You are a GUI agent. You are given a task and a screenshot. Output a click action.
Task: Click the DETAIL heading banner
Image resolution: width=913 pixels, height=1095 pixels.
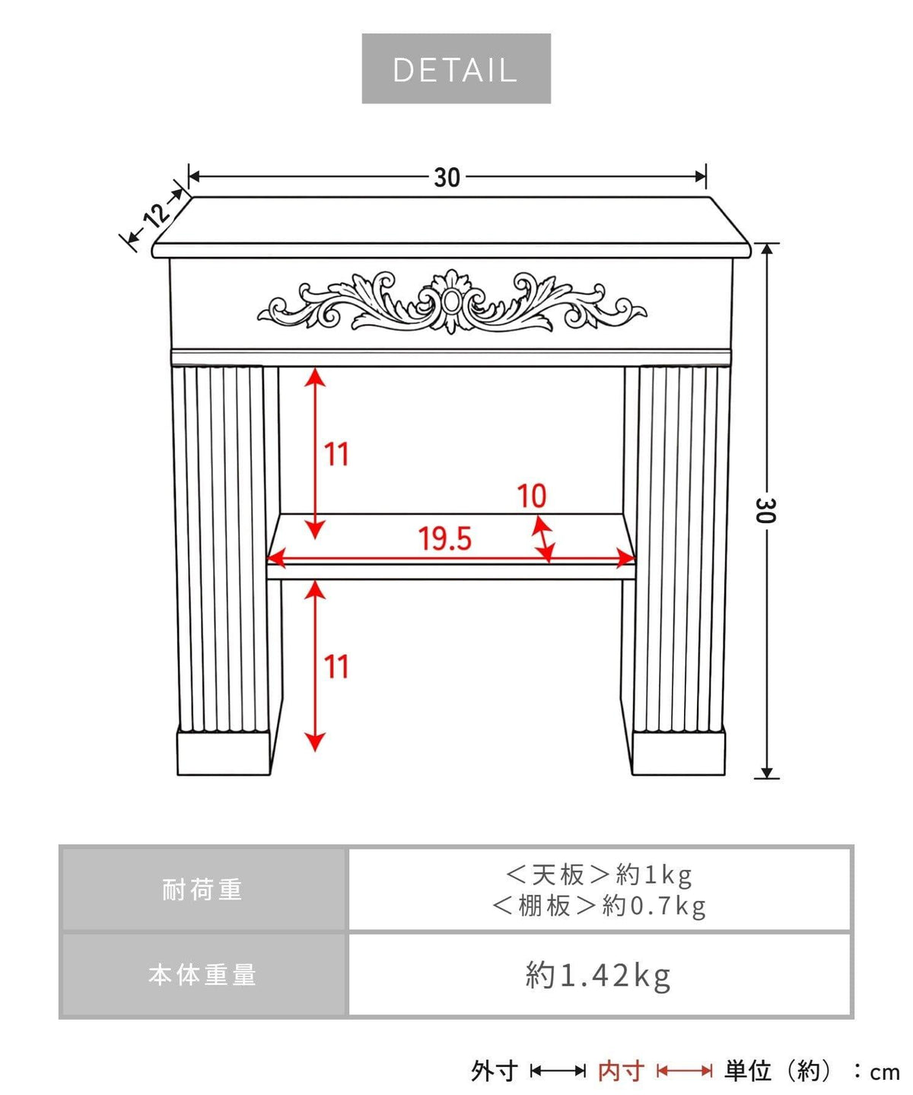[x=456, y=68]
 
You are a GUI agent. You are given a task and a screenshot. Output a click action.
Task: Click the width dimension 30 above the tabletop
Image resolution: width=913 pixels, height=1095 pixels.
[x=447, y=178]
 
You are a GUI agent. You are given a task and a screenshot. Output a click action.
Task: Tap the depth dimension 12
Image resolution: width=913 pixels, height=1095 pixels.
[x=156, y=214]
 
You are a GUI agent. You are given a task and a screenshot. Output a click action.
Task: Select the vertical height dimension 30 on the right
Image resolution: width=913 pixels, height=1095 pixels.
[x=765, y=510]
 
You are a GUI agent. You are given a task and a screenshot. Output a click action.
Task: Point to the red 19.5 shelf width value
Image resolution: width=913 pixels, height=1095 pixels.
[x=445, y=538]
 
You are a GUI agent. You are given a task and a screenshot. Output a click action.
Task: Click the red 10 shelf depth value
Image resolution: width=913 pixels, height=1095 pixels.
[x=532, y=496]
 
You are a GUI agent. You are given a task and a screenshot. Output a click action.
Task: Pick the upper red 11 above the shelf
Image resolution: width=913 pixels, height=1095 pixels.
[x=336, y=454]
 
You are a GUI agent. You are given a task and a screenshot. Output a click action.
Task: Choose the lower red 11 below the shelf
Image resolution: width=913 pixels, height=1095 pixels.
[x=336, y=667]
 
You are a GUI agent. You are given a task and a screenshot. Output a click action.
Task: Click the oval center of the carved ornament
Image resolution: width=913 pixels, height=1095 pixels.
[x=449, y=303]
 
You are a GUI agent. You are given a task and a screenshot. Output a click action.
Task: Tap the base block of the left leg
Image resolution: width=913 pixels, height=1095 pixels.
[x=224, y=753]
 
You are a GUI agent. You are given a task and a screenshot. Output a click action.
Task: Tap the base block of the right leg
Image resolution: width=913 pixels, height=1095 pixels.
[x=678, y=753]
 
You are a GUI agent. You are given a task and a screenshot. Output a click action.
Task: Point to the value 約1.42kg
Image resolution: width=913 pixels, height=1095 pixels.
[x=598, y=976]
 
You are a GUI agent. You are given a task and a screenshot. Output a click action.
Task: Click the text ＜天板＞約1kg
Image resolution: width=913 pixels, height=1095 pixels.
[x=599, y=874]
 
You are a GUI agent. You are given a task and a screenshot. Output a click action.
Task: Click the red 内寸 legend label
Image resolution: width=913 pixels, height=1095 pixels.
[x=622, y=1071]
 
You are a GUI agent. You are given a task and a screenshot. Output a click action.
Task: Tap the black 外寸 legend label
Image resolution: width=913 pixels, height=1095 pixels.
[x=495, y=1071]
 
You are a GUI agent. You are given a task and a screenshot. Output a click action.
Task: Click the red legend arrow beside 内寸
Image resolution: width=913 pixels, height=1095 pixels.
[x=685, y=1071]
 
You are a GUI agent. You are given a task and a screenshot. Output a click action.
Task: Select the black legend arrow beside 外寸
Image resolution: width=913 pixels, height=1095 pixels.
[x=558, y=1071]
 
